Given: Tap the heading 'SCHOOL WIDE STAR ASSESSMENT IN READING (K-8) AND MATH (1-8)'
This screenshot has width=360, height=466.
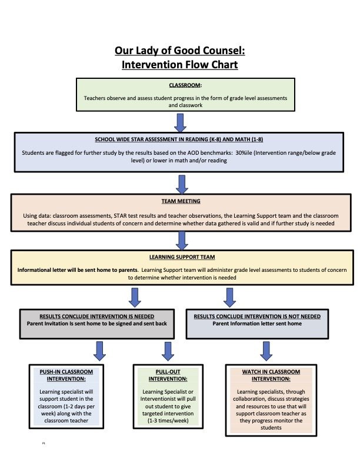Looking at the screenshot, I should pyautogui.click(x=179, y=139).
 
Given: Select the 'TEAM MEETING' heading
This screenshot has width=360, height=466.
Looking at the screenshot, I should pyautogui.click(x=179, y=201).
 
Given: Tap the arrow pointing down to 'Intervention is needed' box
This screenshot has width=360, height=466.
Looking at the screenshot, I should pyautogui.click(x=136, y=297).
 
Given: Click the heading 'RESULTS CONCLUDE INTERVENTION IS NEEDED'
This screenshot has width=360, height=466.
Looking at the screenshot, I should pyautogui.click(x=96, y=315).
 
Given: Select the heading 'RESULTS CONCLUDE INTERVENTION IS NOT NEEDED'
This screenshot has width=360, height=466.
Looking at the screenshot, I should pyautogui.click(x=257, y=316).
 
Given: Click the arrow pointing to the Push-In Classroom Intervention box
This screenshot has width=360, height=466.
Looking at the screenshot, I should pyautogui.click(x=100, y=351).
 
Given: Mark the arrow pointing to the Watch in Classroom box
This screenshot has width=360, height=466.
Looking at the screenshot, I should pyautogui.click(x=266, y=351).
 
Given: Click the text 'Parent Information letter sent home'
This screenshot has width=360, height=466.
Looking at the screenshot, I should pyautogui.click(x=257, y=324).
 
